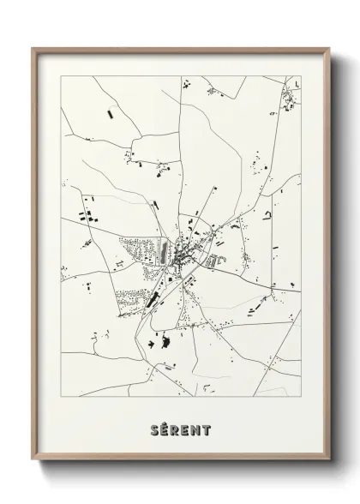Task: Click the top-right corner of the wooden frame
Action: [x=329, y=47]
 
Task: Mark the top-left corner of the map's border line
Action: [x=62, y=76]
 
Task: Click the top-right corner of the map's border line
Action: [x=301, y=76]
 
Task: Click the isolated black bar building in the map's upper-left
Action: [x=109, y=112]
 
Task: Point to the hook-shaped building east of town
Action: [x=267, y=214]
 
